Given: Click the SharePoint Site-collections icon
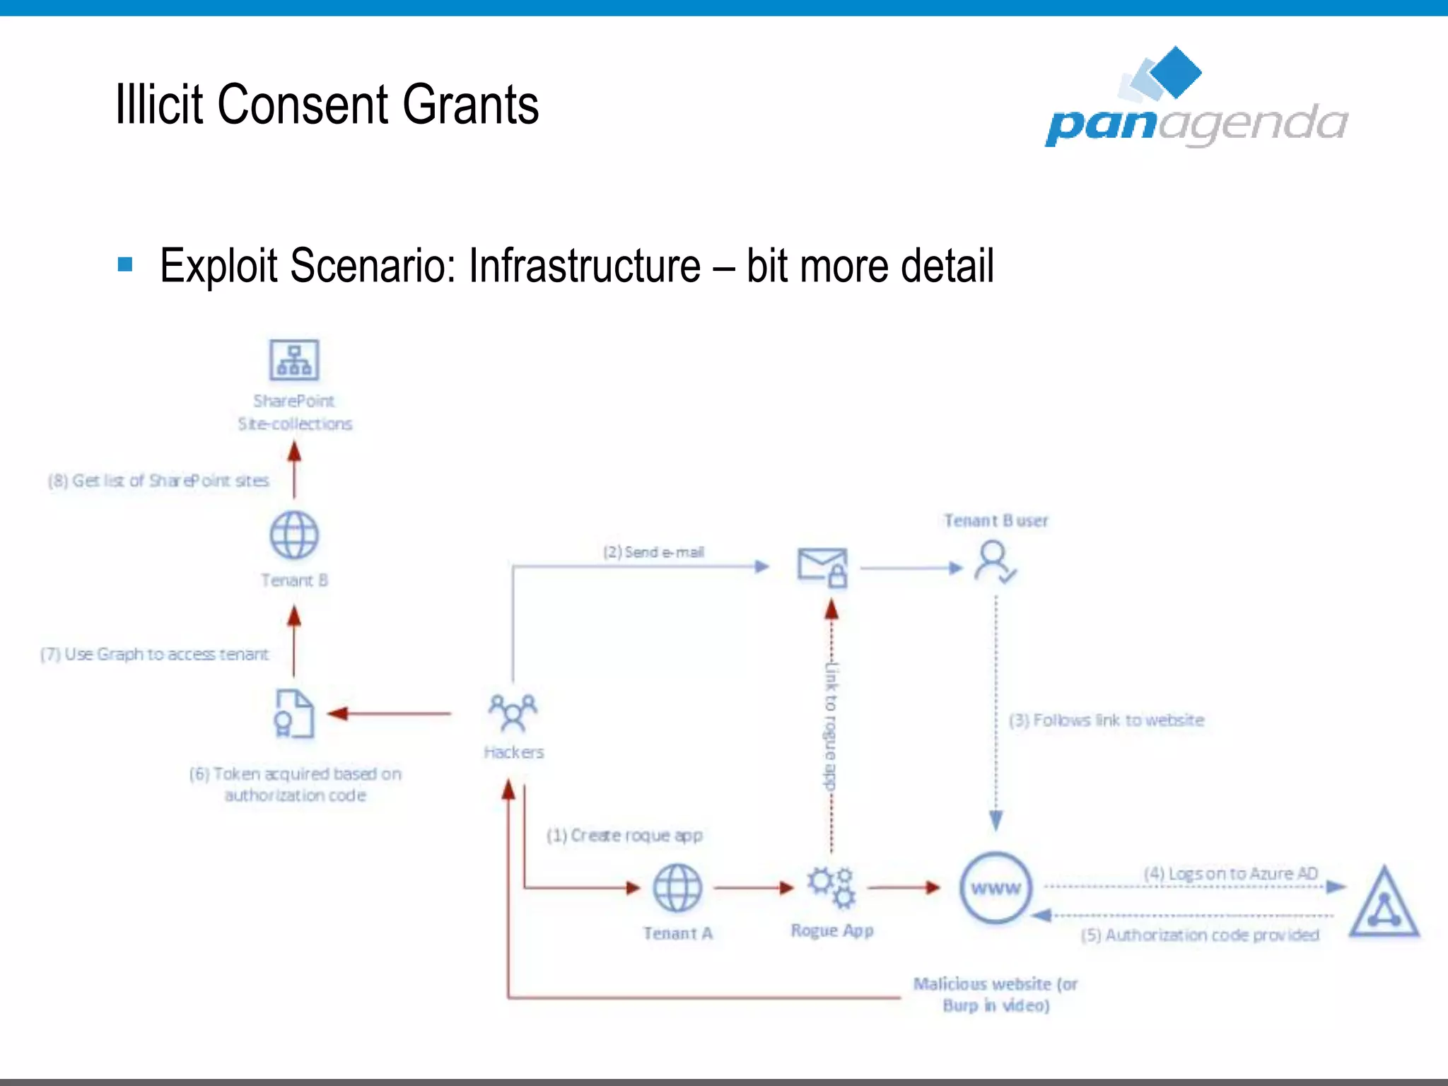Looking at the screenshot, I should point(294,360).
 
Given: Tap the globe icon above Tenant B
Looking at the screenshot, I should point(294,535).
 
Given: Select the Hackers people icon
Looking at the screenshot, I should point(513,712).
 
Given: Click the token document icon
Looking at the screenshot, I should point(293,713).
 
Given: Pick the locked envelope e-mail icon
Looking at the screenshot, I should point(822,566).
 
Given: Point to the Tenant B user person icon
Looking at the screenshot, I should point(994,561).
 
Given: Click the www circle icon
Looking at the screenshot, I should point(995,888).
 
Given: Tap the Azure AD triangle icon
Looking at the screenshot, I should point(1384,903).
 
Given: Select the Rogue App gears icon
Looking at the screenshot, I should point(831,887).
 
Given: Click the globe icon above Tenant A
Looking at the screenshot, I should point(677,888).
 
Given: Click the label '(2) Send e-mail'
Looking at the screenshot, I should point(653,552).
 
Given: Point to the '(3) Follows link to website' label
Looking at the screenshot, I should point(1106,720).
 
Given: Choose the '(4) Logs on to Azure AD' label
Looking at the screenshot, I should point(1230,874).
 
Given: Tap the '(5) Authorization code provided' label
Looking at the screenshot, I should point(1200,935).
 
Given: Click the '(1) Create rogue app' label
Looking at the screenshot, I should point(624,836).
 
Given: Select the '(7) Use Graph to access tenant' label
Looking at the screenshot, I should point(154,655).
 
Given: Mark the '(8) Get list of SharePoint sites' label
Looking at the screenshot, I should point(158,481).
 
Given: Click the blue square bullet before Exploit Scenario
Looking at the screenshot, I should point(125,264).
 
